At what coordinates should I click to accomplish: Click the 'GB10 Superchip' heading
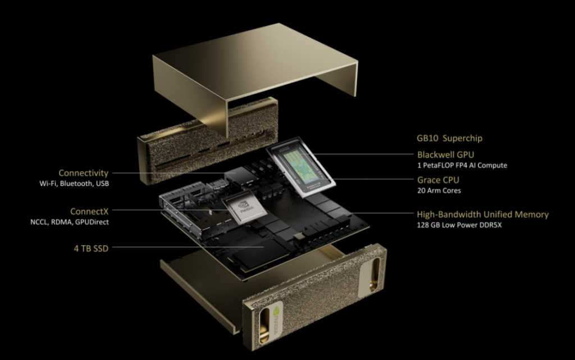(x=449, y=138)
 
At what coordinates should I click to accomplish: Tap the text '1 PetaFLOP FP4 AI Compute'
(x=462, y=165)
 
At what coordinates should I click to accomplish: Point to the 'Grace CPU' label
(x=437, y=180)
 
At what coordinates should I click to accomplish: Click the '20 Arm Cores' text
(x=439, y=191)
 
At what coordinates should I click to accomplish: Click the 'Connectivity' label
(x=83, y=173)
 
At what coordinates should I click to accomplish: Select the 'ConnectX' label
(x=89, y=211)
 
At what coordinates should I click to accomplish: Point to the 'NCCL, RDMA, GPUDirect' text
(x=70, y=222)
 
